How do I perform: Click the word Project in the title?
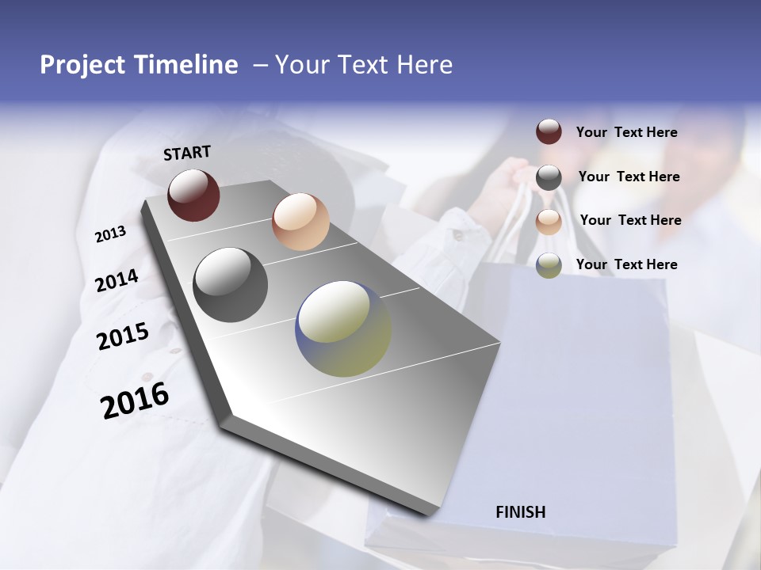pos(83,65)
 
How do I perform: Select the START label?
pos(187,153)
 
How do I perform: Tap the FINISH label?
pos(521,512)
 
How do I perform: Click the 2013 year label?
pos(111,234)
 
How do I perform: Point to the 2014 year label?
pos(117,280)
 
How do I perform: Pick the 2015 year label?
pos(123,336)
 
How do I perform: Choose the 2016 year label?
pos(135,400)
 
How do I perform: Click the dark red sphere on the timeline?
pos(193,195)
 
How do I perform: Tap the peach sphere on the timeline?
pos(300,222)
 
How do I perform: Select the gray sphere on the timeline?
pos(231,285)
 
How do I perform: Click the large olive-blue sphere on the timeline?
pos(343,329)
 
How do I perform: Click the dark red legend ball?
pos(549,131)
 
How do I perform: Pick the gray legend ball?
pos(549,177)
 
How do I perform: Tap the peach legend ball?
pos(549,222)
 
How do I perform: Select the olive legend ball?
pos(549,265)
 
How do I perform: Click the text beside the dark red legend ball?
pos(626,133)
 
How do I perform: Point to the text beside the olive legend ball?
pos(626,264)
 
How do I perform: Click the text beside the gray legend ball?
pos(629,177)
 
